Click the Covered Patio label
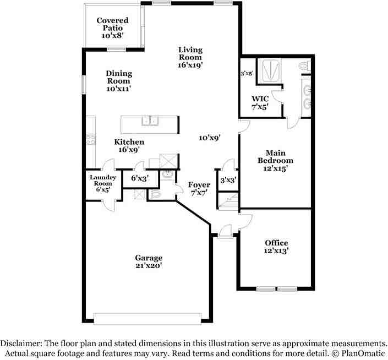pos(112,28)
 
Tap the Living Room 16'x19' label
pos(190,57)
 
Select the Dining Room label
pos(119,81)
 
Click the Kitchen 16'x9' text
pos(129,146)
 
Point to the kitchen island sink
pos(150,121)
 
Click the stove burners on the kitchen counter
pos(91,140)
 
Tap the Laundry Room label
pos(103,184)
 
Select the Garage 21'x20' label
pos(149,261)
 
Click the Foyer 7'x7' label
pos(199,189)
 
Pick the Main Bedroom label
pos(275,161)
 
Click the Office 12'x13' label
pos(276,247)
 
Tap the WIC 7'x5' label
pos(260,103)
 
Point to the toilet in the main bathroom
pos(304,66)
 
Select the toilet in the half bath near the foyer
pos(155,194)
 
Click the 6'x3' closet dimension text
pos(140,178)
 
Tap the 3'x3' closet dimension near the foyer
pos(228,180)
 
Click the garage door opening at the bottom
pos(147,318)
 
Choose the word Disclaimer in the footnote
pos(21,343)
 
